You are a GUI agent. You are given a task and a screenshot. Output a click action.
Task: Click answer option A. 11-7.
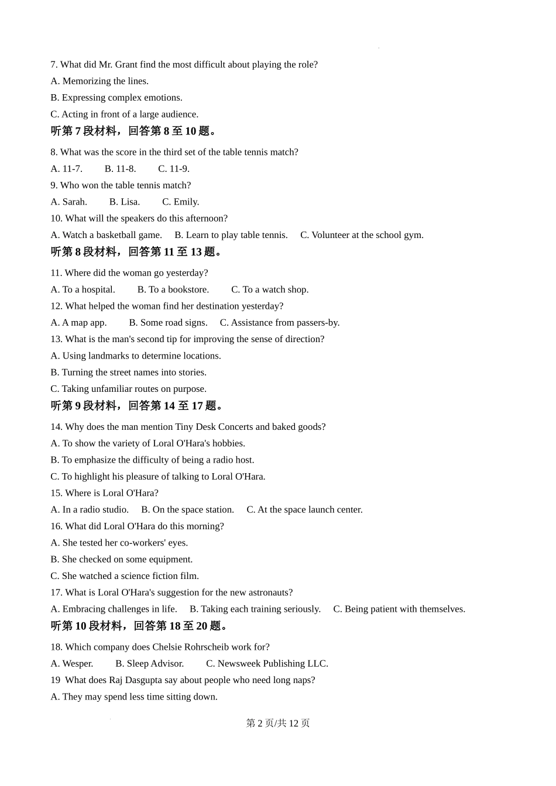66,168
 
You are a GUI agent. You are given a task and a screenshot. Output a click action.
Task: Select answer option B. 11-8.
120,168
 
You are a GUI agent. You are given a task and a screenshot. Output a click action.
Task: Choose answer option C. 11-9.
174,168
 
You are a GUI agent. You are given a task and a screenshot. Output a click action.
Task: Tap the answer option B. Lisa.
125,202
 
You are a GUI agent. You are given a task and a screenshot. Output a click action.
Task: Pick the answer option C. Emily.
181,202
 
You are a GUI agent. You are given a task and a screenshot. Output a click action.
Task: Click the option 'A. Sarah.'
68,202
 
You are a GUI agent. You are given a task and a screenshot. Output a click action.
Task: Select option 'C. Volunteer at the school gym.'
362,235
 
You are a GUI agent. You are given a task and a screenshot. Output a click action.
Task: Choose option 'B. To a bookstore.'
173,289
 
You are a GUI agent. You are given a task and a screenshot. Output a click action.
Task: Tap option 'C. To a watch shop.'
270,289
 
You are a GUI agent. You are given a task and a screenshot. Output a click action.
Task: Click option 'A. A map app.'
78,323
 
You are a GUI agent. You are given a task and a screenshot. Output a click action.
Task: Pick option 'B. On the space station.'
187,510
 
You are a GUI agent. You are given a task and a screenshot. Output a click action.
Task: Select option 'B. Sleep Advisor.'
150,664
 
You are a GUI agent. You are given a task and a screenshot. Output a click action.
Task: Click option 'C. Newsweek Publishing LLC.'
267,664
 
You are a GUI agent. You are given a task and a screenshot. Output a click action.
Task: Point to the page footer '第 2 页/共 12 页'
278,723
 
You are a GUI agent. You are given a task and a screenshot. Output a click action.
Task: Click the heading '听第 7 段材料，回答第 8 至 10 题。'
135,131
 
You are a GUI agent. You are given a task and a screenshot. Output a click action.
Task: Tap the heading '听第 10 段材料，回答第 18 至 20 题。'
141,626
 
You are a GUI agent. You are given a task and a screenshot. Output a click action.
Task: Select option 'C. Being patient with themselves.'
399,609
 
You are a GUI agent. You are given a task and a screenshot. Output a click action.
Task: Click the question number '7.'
54,64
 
